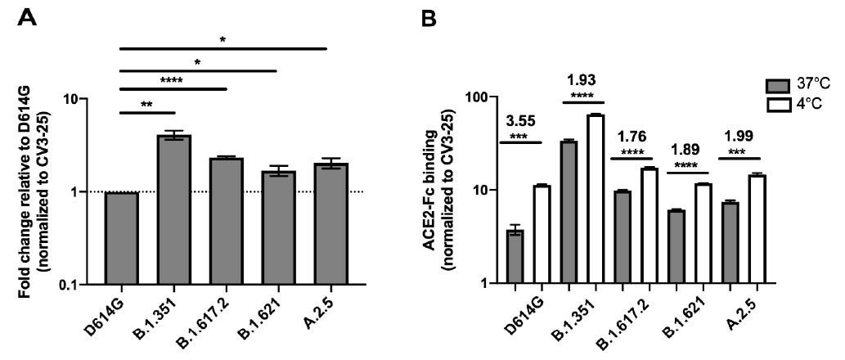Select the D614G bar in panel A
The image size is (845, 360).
122,238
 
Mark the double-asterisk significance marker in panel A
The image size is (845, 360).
147,105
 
